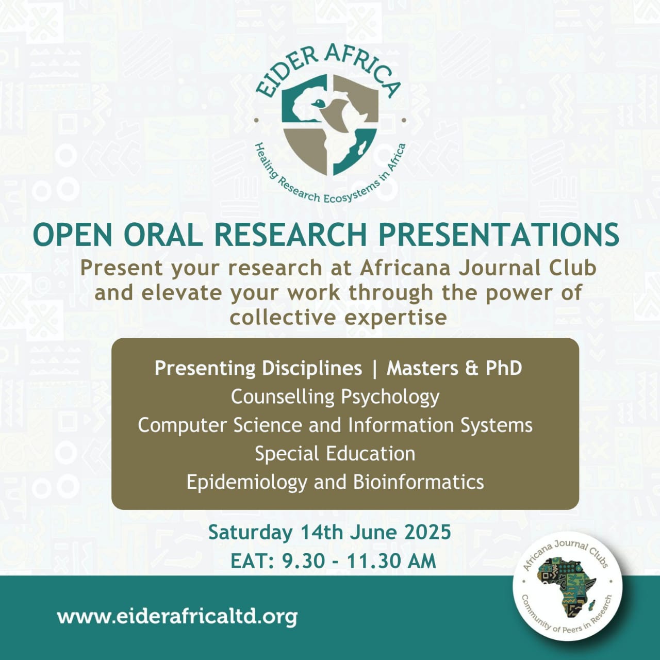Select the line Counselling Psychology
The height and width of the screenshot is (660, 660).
tap(335, 398)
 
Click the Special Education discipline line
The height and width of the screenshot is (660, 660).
tap(335, 454)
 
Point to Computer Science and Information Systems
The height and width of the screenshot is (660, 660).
tap(335, 426)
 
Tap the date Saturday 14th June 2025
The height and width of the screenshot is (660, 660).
tap(329, 533)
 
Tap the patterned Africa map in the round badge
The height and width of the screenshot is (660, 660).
tap(566, 590)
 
